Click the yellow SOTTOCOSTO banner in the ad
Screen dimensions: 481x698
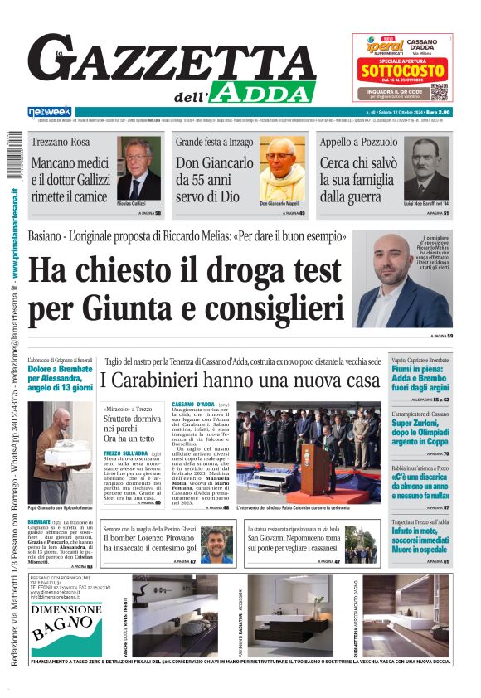click(x=402, y=72)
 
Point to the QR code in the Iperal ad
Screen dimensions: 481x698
click(x=439, y=90)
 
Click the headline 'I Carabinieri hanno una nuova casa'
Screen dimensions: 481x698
click(x=240, y=381)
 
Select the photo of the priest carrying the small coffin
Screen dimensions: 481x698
click(x=61, y=452)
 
